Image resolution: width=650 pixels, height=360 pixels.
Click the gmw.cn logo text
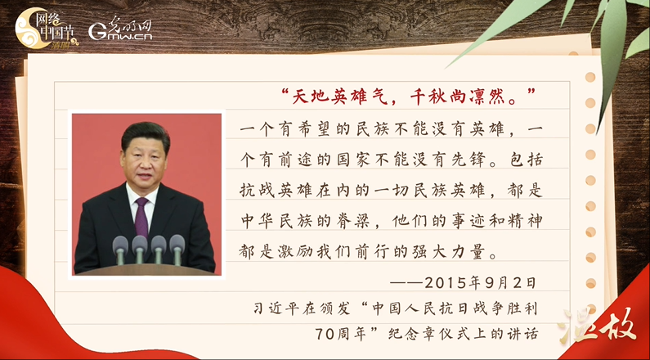[121, 29]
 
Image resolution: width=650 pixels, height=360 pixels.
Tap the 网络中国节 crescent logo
[46, 29]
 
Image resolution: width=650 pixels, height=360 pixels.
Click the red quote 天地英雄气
[341, 97]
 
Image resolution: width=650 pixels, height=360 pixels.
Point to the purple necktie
[141, 217]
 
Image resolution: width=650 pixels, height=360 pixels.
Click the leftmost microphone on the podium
[121, 248]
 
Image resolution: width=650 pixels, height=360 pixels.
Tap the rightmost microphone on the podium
[177, 247]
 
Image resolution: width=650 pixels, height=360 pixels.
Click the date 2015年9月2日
[481, 283]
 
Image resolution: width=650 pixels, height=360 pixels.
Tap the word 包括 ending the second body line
[523, 160]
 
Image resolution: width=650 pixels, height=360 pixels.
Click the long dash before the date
[406, 284]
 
